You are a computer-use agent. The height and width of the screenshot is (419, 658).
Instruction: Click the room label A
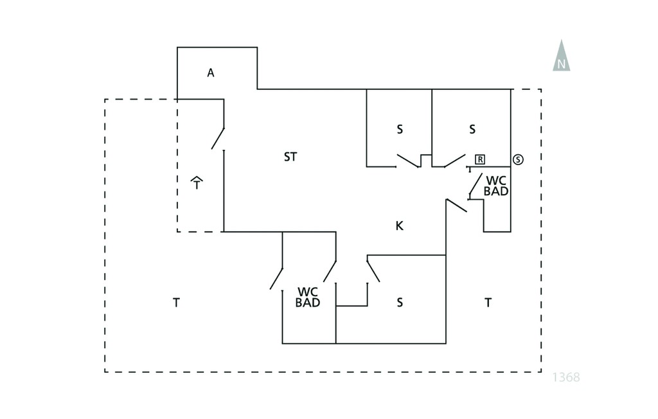click(x=211, y=73)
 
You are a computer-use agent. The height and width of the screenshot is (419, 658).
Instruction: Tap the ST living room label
click(x=290, y=157)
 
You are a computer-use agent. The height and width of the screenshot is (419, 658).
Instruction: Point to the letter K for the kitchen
click(x=400, y=226)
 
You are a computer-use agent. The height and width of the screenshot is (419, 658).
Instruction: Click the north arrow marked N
click(x=562, y=55)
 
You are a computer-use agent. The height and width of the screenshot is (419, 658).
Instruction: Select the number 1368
click(x=566, y=377)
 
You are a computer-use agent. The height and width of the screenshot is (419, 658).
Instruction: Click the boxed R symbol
click(x=480, y=159)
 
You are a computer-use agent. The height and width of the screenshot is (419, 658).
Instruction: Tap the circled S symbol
click(x=519, y=159)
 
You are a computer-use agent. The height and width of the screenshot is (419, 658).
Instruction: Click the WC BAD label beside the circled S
click(x=496, y=186)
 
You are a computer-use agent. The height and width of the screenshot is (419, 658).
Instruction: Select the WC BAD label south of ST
click(x=308, y=298)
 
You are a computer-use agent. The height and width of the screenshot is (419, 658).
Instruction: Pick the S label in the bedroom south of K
click(x=400, y=302)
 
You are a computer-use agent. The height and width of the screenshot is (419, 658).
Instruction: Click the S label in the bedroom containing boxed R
click(x=472, y=129)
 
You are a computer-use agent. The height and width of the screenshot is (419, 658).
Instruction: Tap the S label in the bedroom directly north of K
click(x=400, y=129)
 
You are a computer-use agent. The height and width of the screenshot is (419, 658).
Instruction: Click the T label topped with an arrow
click(x=197, y=183)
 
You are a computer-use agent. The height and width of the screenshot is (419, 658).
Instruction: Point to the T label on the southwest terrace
click(x=177, y=302)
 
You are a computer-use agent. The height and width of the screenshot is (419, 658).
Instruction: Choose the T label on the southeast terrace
click(x=488, y=302)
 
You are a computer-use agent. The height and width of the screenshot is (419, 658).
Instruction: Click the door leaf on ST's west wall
click(x=218, y=139)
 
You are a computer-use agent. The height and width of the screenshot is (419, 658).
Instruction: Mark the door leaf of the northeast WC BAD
click(x=476, y=186)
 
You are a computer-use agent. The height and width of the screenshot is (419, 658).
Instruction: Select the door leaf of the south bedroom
click(x=373, y=271)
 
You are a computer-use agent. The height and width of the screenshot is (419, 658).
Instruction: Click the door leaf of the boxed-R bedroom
click(x=455, y=161)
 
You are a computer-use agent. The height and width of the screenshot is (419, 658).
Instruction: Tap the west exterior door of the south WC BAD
click(x=276, y=279)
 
